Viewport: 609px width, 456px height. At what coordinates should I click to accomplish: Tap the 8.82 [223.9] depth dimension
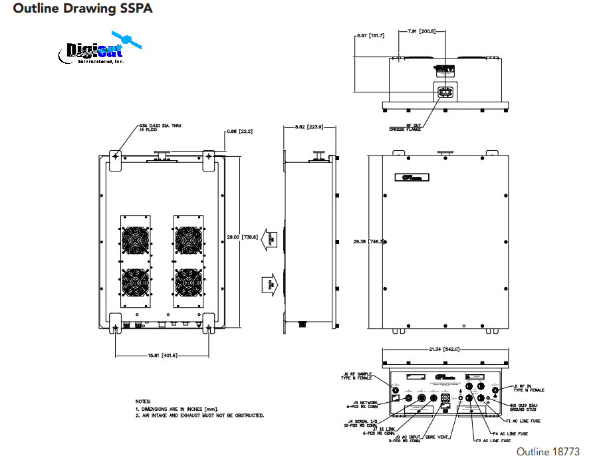(x=308, y=128)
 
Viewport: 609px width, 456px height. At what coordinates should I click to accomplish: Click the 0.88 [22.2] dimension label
(x=238, y=132)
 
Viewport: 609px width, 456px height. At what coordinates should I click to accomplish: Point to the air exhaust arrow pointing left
(x=271, y=238)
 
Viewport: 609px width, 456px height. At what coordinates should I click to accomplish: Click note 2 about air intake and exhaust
(x=200, y=415)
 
